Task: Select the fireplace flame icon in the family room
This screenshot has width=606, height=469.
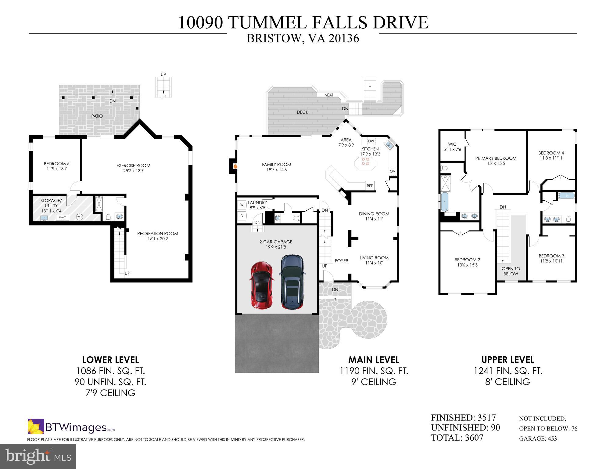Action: pyautogui.click(x=235, y=166)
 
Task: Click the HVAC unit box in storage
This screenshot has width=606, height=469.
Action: pyautogui.click(x=63, y=217)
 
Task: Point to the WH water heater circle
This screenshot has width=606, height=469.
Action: pyautogui.click(x=79, y=217)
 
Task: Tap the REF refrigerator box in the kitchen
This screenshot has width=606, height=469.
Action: pyautogui.click(x=370, y=185)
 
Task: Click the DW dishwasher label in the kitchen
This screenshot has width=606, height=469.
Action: pyautogui.click(x=371, y=141)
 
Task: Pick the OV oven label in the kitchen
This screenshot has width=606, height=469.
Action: pyautogui.click(x=393, y=171)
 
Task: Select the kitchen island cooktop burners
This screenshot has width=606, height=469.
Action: pyautogui.click(x=365, y=161)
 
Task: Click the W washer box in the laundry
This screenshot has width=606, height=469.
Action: pyautogui.click(x=242, y=205)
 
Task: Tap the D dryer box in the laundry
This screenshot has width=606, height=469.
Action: pyautogui.click(x=242, y=216)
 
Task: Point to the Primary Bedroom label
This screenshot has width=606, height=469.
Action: pyautogui.click(x=496, y=158)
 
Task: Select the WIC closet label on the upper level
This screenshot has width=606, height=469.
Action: pyautogui.click(x=452, y=144)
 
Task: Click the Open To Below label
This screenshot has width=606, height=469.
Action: pyautogui.click(x=511, y=271)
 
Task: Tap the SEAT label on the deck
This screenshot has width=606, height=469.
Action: pyautogui.click(x=329, y=95)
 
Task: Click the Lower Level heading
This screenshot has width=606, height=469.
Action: pyautogui.click(x=110, y=360)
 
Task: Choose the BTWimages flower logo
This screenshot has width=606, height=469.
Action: pyautogui.click(x=36, y=427)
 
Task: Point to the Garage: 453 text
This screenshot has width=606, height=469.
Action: pyautogui.click(x=538, y=438)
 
